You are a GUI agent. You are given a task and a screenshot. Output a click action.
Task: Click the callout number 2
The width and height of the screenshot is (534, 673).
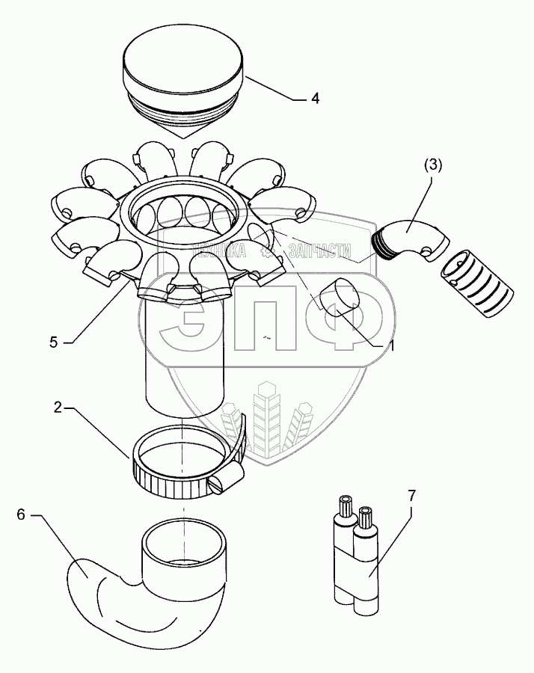[x=58, y=408]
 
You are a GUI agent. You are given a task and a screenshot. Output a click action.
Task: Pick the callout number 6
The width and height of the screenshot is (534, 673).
[x=21, y=515]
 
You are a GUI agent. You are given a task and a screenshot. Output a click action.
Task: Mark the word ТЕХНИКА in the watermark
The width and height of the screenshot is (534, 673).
[x=220, y=251]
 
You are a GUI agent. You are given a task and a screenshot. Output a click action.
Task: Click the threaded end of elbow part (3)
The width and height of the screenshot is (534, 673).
[x=383, y=242]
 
